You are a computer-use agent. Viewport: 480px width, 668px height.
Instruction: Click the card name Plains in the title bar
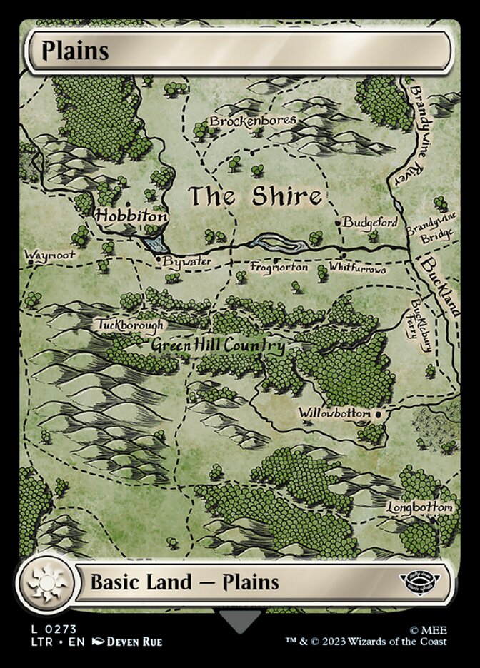tap(75, 51)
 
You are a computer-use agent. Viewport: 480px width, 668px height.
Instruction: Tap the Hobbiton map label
tap(131, 215)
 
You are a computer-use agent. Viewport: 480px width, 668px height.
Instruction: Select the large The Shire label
tap(254, 197)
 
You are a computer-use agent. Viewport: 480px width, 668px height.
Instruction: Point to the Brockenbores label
tap(252, 121)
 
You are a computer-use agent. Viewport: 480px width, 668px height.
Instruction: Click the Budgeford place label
tap(369, 222)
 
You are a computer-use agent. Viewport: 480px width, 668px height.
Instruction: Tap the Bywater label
tap(186, 262)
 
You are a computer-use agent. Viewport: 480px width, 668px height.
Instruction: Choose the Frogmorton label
tap(279, 267)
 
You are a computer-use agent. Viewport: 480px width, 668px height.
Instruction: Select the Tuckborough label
tap(129, 325)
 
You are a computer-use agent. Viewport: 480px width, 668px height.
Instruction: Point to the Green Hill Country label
tap(218, 346)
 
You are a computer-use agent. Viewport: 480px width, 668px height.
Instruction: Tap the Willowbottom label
tap(334, 413)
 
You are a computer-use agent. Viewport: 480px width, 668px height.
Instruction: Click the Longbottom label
tap(420, 507)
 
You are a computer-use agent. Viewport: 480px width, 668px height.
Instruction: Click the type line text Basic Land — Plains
tap(184, 582)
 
